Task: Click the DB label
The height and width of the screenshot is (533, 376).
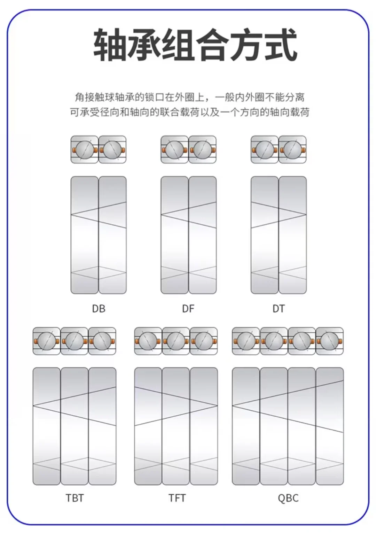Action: [x=99, y=309]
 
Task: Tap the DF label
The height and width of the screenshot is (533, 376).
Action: [x=188, y=309]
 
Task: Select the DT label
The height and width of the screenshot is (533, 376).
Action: [x=279, y=309]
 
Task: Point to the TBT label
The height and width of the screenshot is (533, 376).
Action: [x=75, y=498]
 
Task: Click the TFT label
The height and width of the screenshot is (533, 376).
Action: [x=177, y=498]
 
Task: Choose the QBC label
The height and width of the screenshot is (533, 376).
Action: [x=288, y=498]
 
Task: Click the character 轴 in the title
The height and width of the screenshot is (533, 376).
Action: [x=109, y=45]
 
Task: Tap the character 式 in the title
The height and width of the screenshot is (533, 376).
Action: [x=281, y=45]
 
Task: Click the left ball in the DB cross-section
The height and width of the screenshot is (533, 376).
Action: [x=85, y=150]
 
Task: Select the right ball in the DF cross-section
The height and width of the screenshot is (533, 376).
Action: [x=202, y=150]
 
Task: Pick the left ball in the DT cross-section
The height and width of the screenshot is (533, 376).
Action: [x=265, y=150]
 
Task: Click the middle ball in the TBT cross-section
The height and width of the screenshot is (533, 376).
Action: [x=75, y=341]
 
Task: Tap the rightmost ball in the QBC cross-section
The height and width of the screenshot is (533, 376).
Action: [x=329, y=341]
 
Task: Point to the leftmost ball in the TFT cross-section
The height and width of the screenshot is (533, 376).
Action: [x=148, y=341]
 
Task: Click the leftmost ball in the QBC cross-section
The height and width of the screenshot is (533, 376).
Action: [x=246, y=341]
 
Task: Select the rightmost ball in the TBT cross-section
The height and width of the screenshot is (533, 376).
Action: [x=102, y=341]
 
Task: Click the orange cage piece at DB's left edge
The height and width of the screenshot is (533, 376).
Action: [x=74, y=150]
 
